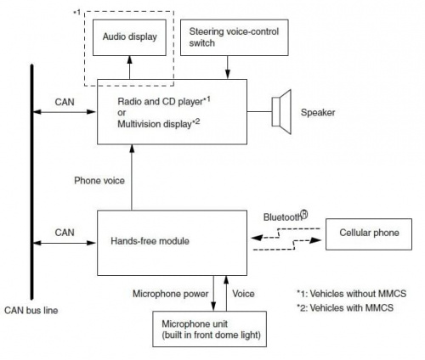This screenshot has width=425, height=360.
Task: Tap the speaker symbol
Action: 281,112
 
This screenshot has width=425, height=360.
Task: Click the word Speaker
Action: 318,112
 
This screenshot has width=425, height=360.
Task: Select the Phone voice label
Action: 99,181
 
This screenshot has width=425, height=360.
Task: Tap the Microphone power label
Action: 171,294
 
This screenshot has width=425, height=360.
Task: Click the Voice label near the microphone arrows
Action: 243,294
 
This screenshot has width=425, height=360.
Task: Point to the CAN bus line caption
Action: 31,311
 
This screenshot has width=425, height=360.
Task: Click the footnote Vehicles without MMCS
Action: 351,294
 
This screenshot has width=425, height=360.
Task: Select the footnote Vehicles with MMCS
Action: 345,307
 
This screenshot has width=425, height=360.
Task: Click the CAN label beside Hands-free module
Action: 65,233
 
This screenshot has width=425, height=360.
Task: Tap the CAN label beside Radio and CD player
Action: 65,102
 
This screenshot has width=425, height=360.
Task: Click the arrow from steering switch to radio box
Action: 227,67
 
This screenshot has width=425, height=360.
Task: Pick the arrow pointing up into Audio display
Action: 130,67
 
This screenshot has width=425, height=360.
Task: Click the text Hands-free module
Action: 150,241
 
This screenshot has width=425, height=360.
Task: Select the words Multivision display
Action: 155,124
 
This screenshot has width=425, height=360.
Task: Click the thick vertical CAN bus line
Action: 32,182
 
